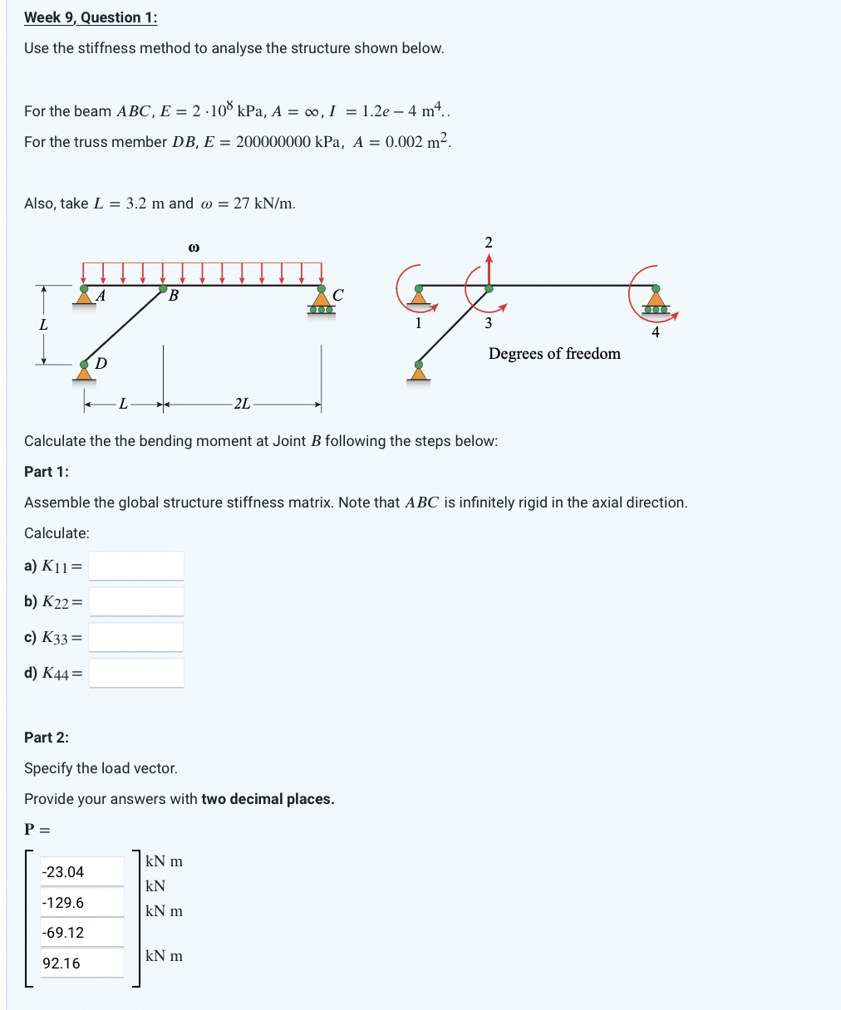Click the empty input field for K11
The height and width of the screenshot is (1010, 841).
pyautogui.click(x=136, y=566)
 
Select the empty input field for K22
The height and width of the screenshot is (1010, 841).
pyautogui.click(x=136, y=601)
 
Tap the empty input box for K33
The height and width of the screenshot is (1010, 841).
pyautogui.click(x=136, y=637)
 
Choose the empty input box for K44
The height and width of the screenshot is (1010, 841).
pyautogui.click(x=136, y=673)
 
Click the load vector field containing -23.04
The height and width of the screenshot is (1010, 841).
pyautogui.click(x=82, y=872)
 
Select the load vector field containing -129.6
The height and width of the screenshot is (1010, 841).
pyautogui.click(x=82, y=902)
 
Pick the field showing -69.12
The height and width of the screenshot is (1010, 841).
pyautogui.click(x=82, y=933)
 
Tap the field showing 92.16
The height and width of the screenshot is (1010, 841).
pyautogui.click(x=82, y=963)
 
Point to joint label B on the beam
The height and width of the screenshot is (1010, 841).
pyautogui.click(x=174, y=296)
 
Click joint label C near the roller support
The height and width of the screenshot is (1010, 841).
pyautogui.click(x=337, y=295)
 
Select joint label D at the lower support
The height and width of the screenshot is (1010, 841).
pyautogui.click(x=101, y=363)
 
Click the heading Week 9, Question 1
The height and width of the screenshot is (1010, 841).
pyautogui.click(x=91, y=17)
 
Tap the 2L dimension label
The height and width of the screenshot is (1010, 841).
pyautogui.click(x=242, y=404)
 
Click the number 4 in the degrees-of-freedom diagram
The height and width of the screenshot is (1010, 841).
pyautogui.click(x=656, y=332)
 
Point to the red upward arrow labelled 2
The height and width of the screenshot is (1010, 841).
pyautogui.click(x=489, y=267)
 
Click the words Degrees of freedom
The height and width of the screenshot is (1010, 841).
pyautogui.click(x=554, y=354)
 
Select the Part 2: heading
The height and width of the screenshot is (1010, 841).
pyautogui.click(x=47, y=737)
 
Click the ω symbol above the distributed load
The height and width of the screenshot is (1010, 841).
pyautogui.click(x=194, y=247)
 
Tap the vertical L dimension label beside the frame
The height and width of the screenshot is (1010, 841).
pyautogui.click(x=43, y=325)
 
